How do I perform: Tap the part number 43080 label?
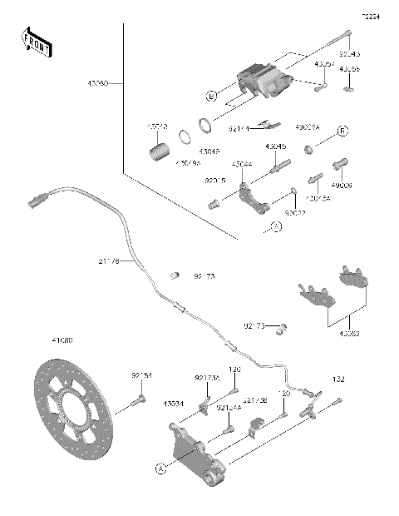point(98,84)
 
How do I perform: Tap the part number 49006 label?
point(343,186)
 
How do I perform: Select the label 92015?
point(215,180)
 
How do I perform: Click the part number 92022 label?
point(296,213)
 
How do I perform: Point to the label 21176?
point(109,261)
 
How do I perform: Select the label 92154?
point(142,376)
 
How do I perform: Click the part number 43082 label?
point(350,334)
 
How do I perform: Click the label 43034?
point(174,404)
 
